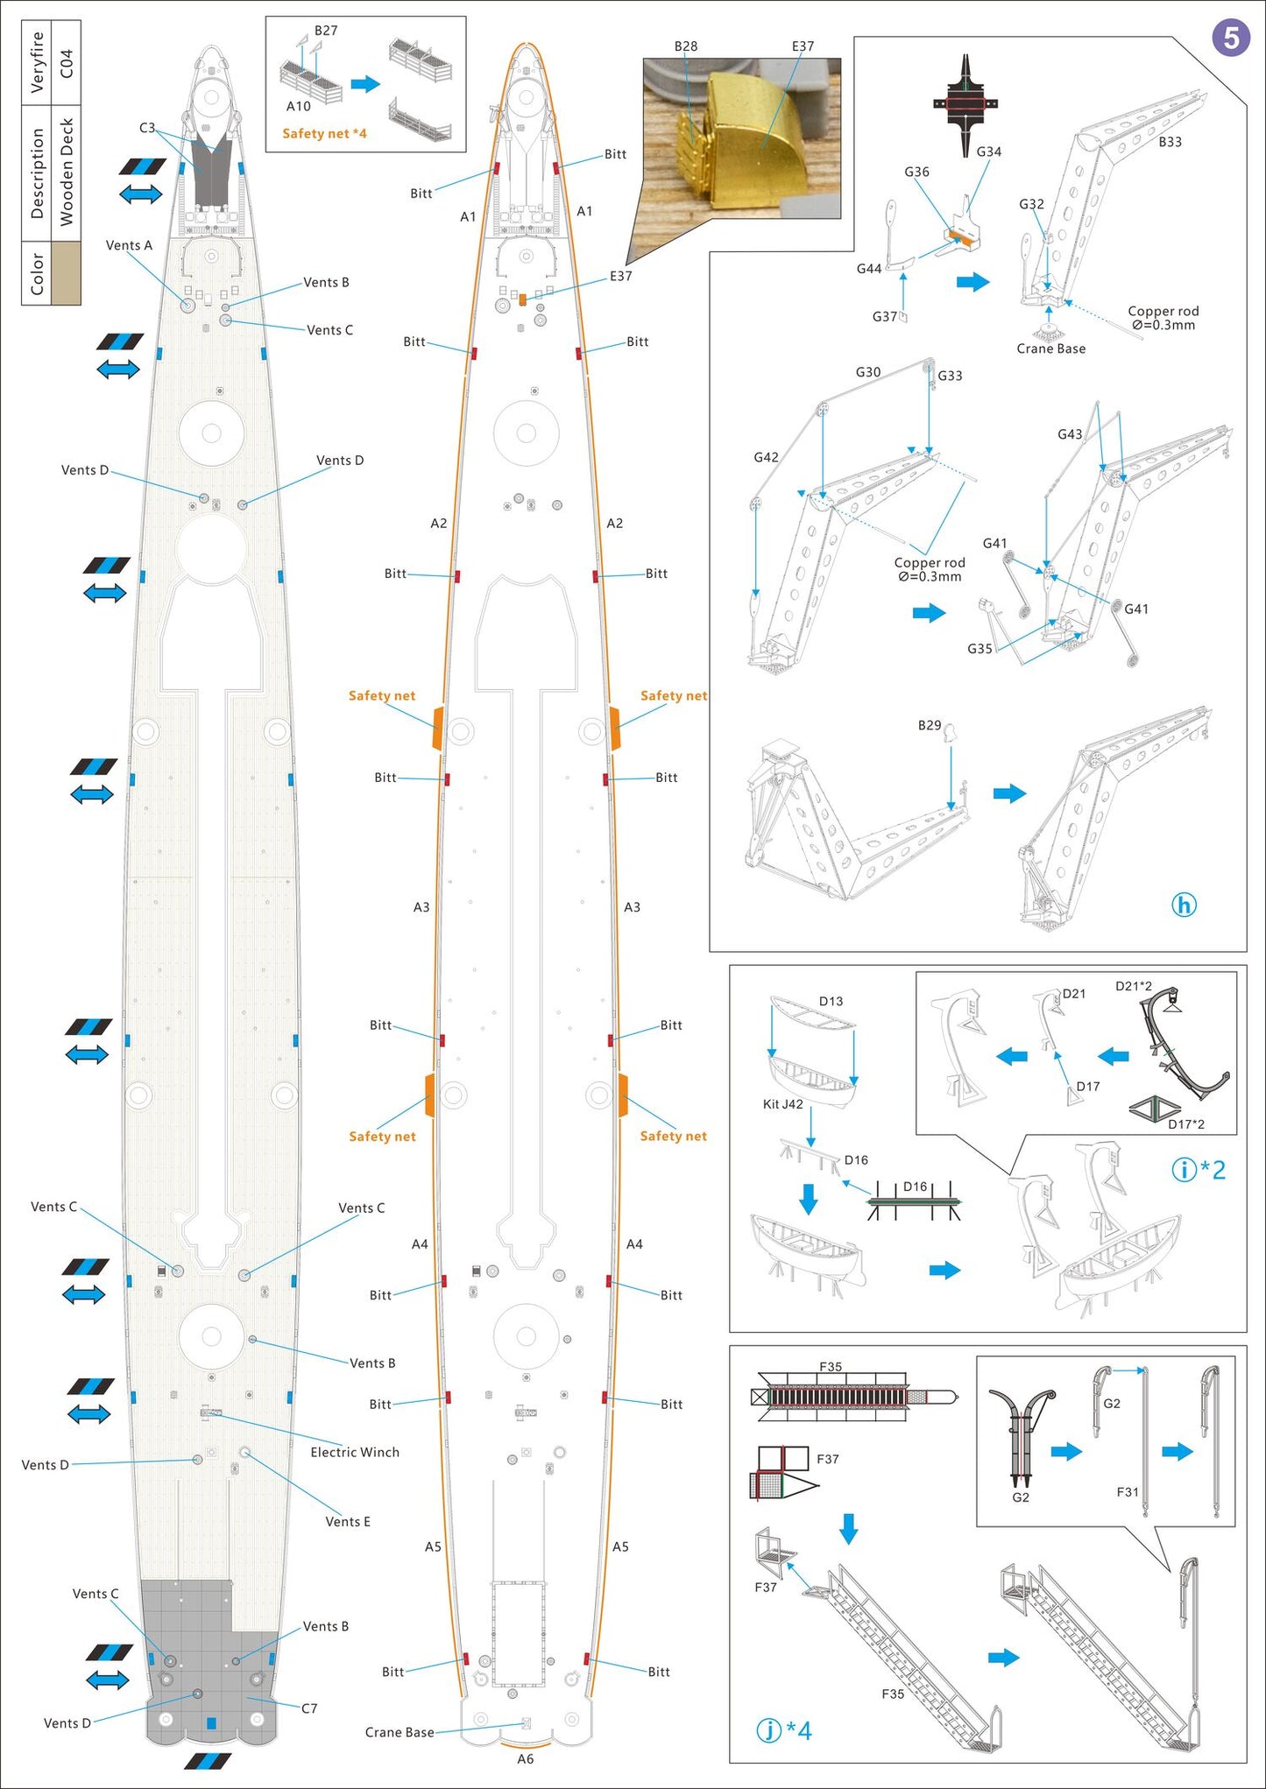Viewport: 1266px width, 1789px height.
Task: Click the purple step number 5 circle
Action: coord(1230,39)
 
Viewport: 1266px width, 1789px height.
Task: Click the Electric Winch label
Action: coord(355,1452)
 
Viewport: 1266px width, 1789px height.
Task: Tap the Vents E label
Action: coord(348,1522)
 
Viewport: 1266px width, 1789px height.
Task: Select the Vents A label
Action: coord(129,245)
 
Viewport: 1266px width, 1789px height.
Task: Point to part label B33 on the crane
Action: coord(1170,142)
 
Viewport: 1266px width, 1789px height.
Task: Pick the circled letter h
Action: coord(1184,905)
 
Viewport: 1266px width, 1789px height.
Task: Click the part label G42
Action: coord(766,457)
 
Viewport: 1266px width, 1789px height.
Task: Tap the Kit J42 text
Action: coord(782,1104)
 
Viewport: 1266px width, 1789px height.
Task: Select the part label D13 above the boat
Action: coord(831,1001)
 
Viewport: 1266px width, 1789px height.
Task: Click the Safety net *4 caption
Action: coord(324,134)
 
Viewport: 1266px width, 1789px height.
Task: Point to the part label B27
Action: coord(326,31)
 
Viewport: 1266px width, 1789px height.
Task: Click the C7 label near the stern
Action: coord(309,1708)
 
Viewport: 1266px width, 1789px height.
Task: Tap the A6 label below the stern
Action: coord(525,1758)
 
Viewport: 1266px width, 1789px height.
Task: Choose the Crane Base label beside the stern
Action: coord(400,1732)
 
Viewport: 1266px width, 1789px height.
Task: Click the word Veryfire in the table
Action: coord(37,62)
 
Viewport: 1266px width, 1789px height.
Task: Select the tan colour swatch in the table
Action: coord(66,273)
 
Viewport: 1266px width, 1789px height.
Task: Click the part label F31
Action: coord(1128,1492)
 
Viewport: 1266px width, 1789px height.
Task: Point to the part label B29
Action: coord(930,725)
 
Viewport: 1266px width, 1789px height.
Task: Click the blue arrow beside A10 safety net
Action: coord(365,84)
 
